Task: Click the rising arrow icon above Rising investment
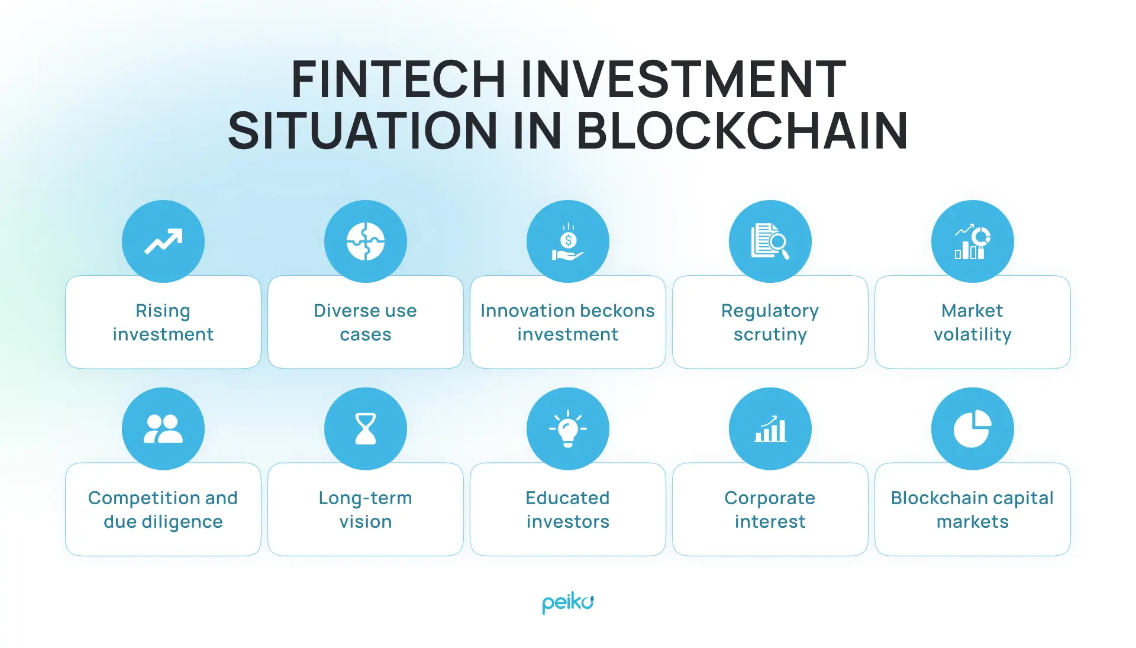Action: click(x=163, y=241)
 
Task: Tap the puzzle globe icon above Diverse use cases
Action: click(x=366, y=241)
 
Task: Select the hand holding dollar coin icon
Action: click(x=568, y=243)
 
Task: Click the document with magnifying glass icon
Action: click(x=770, y=241)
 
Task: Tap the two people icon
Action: click(x=163, y=429)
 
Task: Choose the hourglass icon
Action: click(x=366, y=429)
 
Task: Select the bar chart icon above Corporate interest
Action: click(x=770, y=429)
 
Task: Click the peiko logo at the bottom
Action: click(x=567, y=603)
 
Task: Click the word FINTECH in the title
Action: click(x=398, y=79)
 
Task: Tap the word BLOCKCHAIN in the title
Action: click(x=741, y=131)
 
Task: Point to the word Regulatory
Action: click(x=770, y=311)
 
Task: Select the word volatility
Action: click(x=972, y=335)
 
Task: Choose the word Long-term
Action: click(x=365, y=498)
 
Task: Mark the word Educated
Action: click(x=567, y=498)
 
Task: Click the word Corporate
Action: click(x=770, y=498)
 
